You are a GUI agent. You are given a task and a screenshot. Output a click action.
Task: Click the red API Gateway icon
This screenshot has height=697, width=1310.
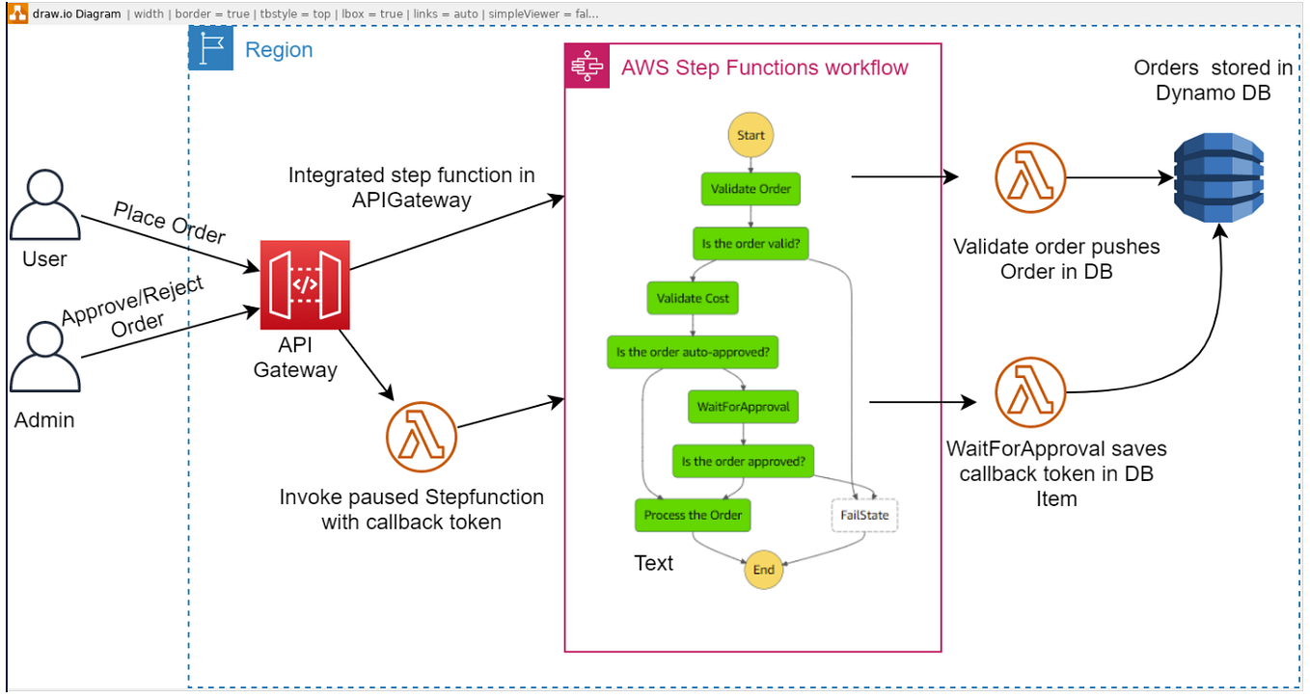pyautogui.click(x=305, y=284)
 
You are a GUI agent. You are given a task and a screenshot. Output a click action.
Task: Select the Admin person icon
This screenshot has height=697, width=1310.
pyautogui.click(x=44, y=357)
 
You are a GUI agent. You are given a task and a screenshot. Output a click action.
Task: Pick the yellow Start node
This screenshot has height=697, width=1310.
pyautogui.click(x=751, y=136)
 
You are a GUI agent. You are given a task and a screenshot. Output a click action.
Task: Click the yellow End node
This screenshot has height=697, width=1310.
pyautogui.click(x=763, y=570)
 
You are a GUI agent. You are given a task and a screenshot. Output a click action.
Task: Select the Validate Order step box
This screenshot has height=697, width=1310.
pyautogui.click(x=751, y=189)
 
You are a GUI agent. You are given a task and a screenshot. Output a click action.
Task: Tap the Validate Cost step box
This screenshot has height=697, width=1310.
pyautogui.click(x=693, y=298)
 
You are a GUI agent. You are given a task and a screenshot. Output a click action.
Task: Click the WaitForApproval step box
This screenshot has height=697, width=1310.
pyautogui.click(x=743, y=407)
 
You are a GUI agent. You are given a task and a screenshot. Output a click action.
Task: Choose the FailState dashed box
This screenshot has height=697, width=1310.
pyautogui.click(x=864, y=515)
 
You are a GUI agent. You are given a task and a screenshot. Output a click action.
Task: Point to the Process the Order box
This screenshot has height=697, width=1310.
pyautogui.click(x=693, y=515)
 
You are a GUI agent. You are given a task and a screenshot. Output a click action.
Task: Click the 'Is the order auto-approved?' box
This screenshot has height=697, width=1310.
pyautogui.click(x=692, y=352)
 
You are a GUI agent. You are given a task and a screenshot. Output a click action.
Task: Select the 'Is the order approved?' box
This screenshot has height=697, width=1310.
pyautogui.click(x=743, y=461)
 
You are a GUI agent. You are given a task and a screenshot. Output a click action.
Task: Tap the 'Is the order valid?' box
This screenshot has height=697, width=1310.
pyautogui.click(x=750, y=243)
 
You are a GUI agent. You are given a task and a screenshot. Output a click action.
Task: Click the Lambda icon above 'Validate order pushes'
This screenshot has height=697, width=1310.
pyautogui.click(x=1029, y=177)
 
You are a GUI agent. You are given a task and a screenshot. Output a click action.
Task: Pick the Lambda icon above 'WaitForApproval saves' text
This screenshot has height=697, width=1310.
pyautogui.click(x=1029, y=392)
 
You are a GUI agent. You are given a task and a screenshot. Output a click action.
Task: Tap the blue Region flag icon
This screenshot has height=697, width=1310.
pyautogui.click(x=210, y=49)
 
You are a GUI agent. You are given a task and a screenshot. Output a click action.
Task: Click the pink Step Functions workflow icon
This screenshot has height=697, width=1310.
pyautogui.click(x=587, y=67)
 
